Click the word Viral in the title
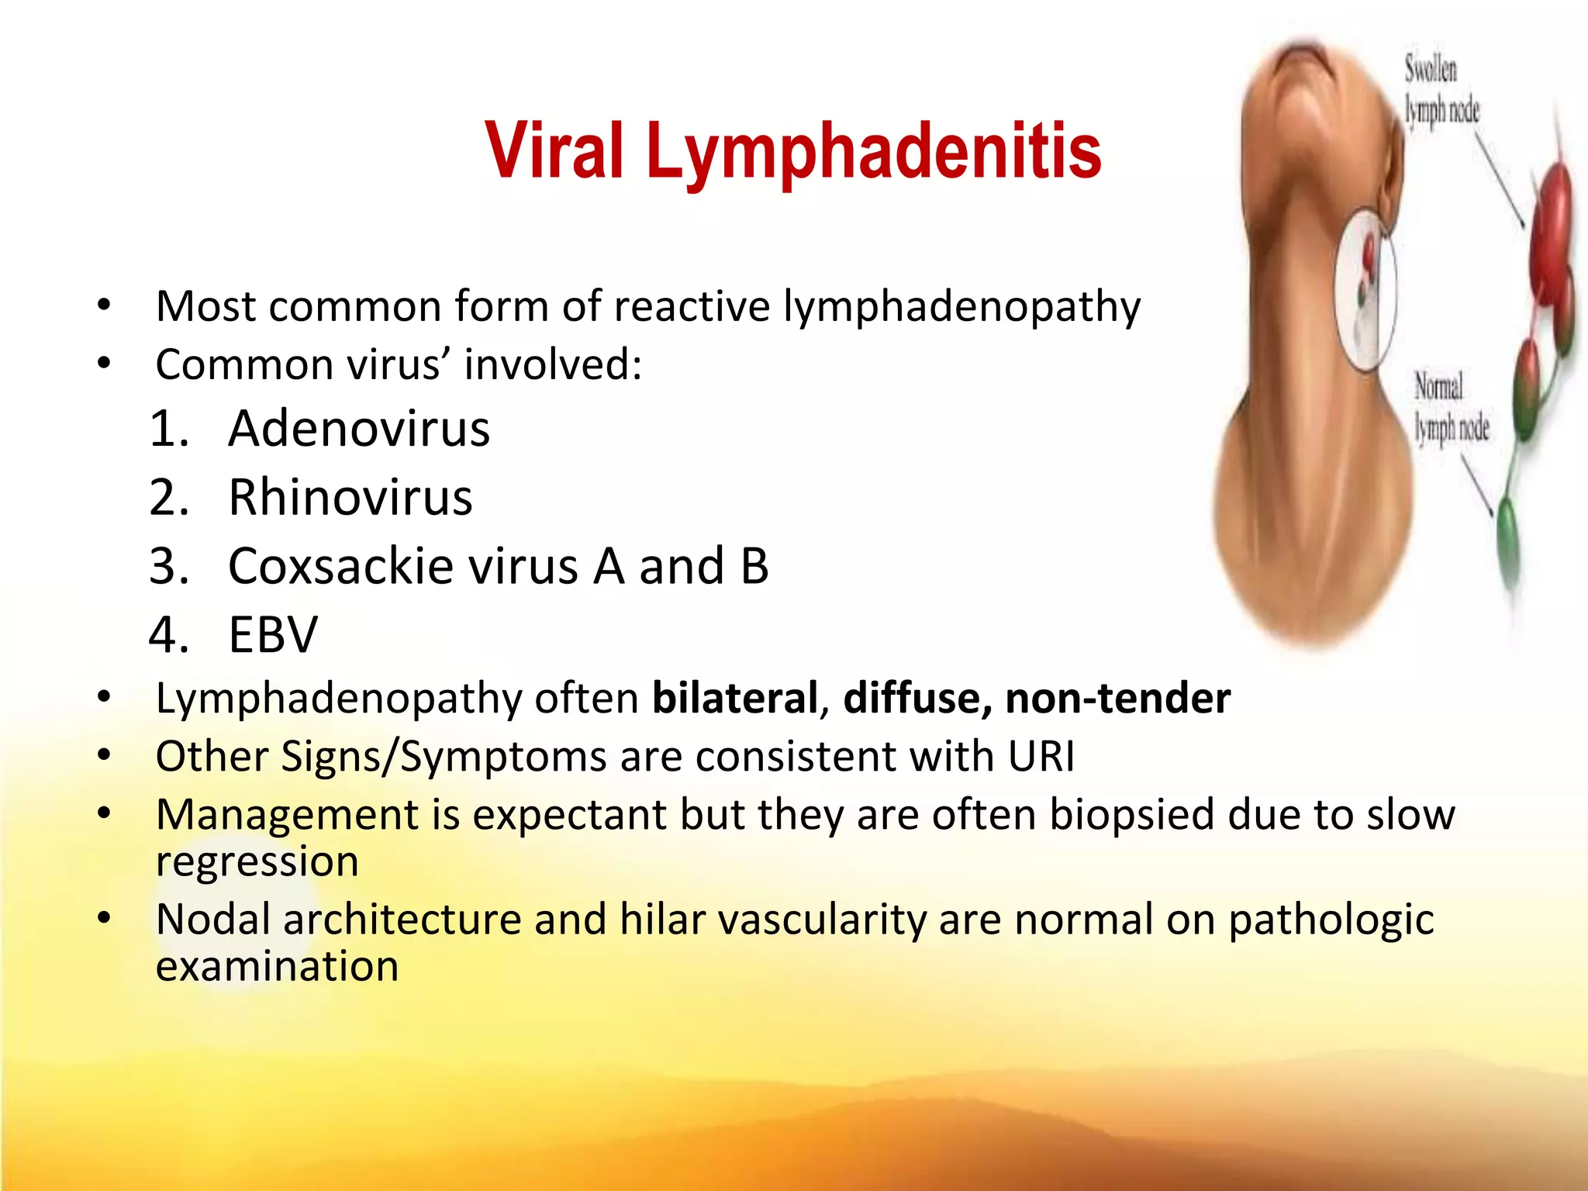coord(554,151)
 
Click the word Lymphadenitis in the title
coord(873,151)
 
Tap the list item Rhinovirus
coord(350,497)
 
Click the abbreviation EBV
coord(273,635)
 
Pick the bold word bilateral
coord(735,698)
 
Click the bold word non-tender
coord(1117,698)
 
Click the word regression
coord(257,861)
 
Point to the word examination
coord(277,967)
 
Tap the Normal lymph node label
coord(1450,408)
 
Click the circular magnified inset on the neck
coord(1365,290)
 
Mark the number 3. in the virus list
coord(169,566)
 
